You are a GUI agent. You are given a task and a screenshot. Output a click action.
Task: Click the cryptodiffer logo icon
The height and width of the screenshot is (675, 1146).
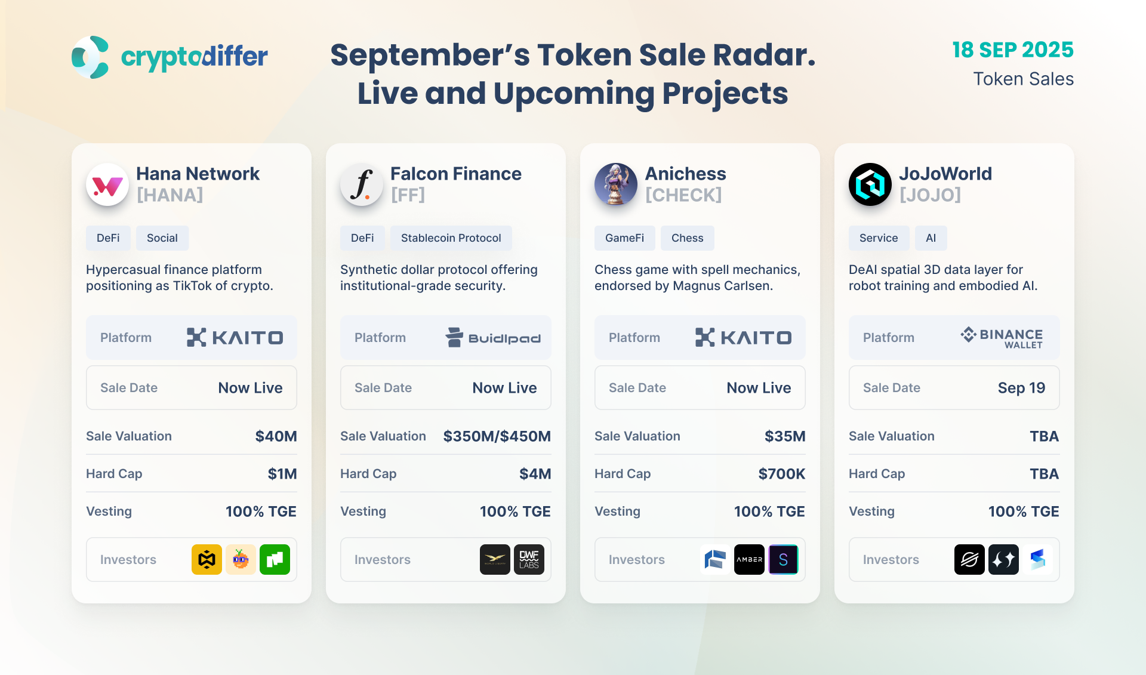(90, 57)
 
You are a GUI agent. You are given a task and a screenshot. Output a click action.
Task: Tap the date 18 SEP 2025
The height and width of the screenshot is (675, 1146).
(1013, 50)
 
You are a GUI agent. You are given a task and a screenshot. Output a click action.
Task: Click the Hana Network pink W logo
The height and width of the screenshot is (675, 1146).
(107, 185)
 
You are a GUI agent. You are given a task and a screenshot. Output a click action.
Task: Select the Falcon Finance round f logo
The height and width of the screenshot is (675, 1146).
(362, 185)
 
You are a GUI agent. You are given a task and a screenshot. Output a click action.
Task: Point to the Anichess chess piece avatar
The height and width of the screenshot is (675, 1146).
(616, 184)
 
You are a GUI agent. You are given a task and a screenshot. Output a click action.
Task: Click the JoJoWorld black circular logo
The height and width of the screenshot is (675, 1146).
(870, 184)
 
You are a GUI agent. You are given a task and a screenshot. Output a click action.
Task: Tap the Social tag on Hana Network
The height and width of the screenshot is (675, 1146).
(162, 238)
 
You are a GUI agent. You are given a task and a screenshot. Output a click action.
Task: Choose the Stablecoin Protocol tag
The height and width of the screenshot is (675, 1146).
(451, 238)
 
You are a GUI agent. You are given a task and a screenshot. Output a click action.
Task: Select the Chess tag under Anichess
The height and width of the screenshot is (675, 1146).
(688, 238)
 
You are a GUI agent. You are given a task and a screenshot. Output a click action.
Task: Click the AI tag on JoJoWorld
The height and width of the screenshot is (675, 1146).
(931, 238)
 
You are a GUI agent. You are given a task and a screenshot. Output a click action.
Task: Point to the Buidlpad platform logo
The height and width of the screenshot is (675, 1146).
(493, 337)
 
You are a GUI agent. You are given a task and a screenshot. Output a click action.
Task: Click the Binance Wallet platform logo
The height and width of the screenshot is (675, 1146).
(1002, 337)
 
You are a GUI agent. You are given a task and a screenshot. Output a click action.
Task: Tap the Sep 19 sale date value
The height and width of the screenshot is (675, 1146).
(1022, 388)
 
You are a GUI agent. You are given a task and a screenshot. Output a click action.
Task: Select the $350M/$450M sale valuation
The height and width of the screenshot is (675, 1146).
(497, 436)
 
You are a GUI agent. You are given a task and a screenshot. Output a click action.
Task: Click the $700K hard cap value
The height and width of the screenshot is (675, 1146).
(782, 474)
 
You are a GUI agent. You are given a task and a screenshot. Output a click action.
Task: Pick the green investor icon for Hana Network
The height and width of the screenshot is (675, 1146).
(275, 560)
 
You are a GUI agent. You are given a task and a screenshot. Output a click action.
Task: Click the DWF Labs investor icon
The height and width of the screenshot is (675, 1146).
(529, 560)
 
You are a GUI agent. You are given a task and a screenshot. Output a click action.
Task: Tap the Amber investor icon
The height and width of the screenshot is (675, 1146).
(749, 560)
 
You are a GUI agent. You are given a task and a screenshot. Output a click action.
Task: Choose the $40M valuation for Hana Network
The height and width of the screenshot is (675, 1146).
(276, 436)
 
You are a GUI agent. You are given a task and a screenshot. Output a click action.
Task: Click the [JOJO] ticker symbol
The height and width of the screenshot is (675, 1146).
(931, 195)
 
